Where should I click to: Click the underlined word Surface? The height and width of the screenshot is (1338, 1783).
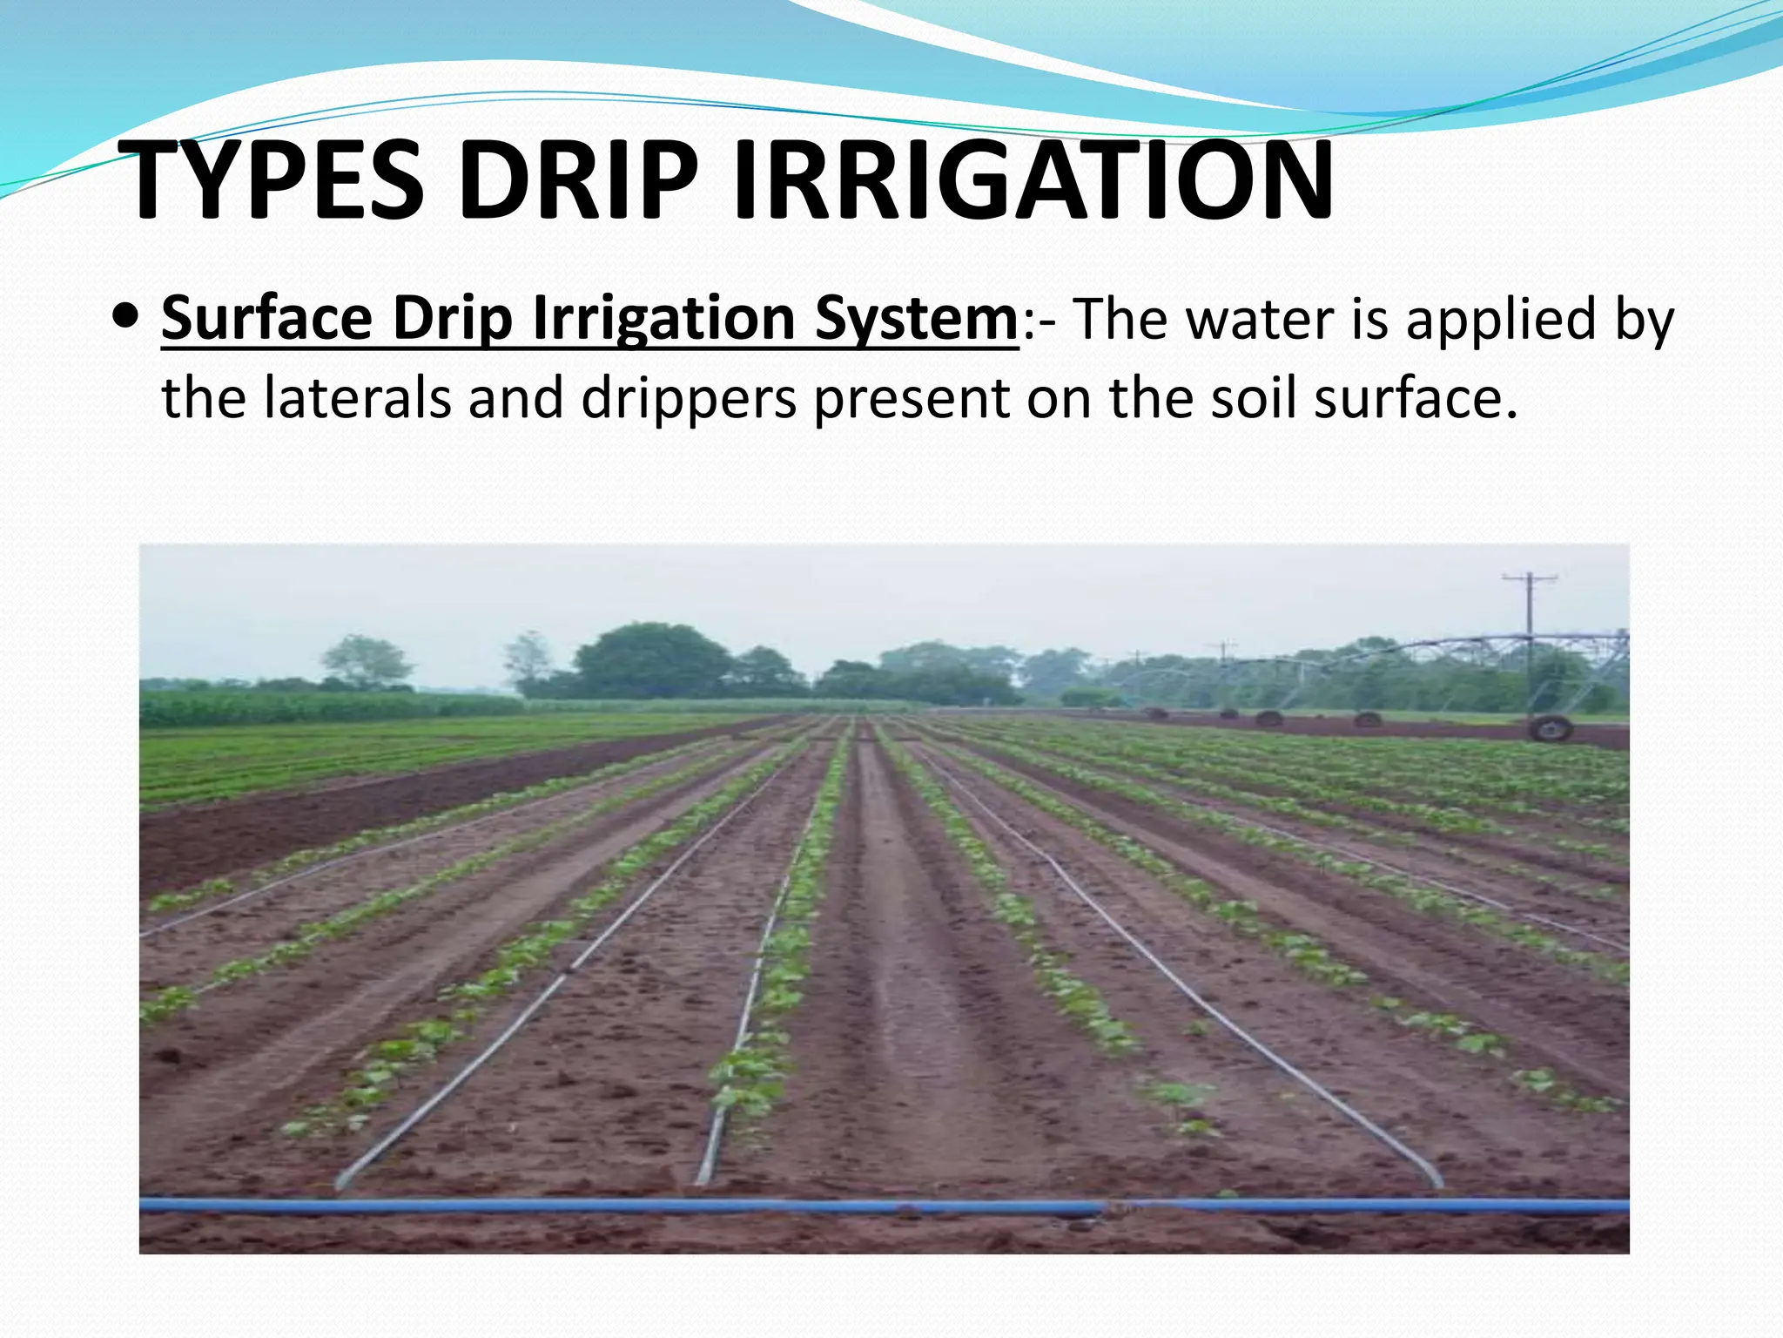pyautogui.click(x=267, y=319)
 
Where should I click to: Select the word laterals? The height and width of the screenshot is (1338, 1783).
pyautogui.click(x=357, y=398)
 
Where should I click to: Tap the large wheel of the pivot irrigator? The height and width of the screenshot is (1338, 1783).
pyautogui.click(x=1550, y=727)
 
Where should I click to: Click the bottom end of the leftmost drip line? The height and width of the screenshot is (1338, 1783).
pyautogui.click(x=344, y=1180)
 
